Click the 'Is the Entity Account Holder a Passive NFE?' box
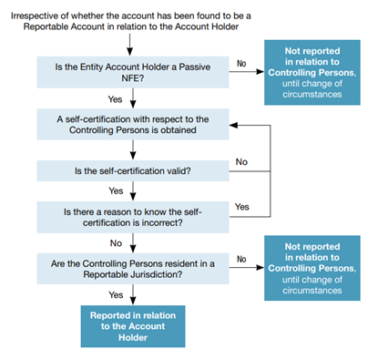coord(133,72)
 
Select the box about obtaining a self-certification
coord(133,124)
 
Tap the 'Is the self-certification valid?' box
coord(133,171)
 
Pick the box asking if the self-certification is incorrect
coord(133,217)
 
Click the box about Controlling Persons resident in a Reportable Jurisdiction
coord(133,269)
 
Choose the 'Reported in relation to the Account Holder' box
coord(133,326)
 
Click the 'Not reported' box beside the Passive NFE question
coord(312,72)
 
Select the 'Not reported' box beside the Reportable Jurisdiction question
coord(312,268)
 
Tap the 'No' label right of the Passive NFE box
coord(241,64)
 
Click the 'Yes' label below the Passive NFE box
coord(115,99)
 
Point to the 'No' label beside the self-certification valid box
coord(241,162)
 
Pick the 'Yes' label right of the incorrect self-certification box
coord(242,207)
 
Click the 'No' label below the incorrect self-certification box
coord(116,243)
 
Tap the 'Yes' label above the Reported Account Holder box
coord(116,294)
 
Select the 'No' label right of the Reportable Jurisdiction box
coord(241,259)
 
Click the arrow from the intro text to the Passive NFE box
coord(130,45)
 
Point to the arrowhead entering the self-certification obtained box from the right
coord(233,125)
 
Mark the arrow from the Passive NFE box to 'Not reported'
coord(247,72)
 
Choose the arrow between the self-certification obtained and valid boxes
coord(133,150)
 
